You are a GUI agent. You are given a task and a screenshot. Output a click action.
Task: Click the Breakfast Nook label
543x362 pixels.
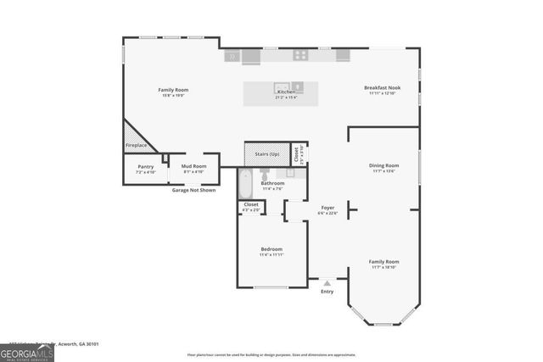point(382,88)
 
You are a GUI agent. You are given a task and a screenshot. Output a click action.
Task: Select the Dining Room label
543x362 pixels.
point(383,165)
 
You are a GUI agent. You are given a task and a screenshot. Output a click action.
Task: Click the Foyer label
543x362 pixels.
point(327,208)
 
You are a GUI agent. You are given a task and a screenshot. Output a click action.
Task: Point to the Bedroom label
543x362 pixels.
point(271,249)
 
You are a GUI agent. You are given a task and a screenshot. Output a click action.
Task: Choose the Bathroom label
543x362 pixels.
point(272,183)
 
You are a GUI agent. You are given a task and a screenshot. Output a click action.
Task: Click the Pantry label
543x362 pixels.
point(145,167)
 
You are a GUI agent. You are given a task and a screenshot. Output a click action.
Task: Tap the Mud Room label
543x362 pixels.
point(193,167)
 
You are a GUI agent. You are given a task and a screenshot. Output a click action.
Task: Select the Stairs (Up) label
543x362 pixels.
point(267,154)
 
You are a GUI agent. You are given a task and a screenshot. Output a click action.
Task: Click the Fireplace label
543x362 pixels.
point(137,146)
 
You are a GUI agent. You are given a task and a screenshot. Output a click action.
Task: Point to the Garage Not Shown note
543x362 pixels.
point(193,190)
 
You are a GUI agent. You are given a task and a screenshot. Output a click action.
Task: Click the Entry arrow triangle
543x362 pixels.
point(327,282)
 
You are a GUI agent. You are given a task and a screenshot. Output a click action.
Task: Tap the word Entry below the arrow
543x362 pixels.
point(327,292)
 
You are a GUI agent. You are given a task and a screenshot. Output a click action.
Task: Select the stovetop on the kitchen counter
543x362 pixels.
point(300,55)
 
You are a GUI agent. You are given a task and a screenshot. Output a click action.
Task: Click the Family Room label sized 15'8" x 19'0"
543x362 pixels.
point(173,90)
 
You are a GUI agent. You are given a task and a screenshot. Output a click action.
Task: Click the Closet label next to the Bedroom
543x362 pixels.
point(251,204)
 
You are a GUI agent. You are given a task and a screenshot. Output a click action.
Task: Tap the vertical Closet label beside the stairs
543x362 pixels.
point(297,154)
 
